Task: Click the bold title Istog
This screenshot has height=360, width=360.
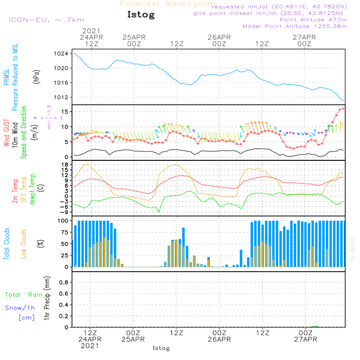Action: coord(141,15)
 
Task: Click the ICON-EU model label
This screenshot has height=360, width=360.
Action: coord(46,20)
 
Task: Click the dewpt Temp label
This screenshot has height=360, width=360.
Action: coord(33,189)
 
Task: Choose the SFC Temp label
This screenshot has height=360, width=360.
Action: coord(24,189)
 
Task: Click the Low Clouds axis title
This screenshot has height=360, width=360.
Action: coord(24,244)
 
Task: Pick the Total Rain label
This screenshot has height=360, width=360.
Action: coord(24,294)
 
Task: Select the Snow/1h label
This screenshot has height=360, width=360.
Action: coord(20,308)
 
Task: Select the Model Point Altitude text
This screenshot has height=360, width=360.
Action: coord(295,26)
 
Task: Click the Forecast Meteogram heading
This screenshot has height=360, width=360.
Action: coord(168,4)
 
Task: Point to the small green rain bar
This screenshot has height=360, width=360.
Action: coord(314,327)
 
